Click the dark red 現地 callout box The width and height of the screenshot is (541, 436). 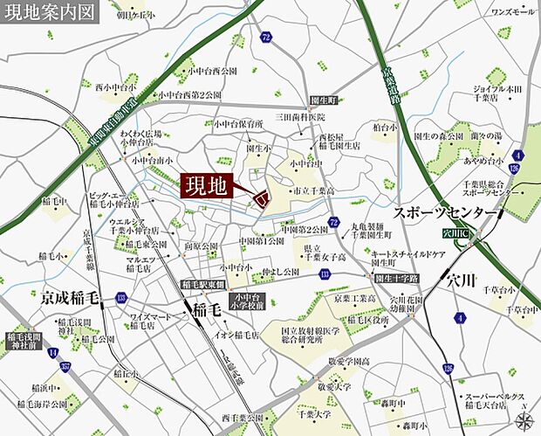click(x=209, y=186)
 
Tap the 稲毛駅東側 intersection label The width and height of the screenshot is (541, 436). click(x=202, y=286)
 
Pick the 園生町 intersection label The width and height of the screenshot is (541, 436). click(x=324, y=100)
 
